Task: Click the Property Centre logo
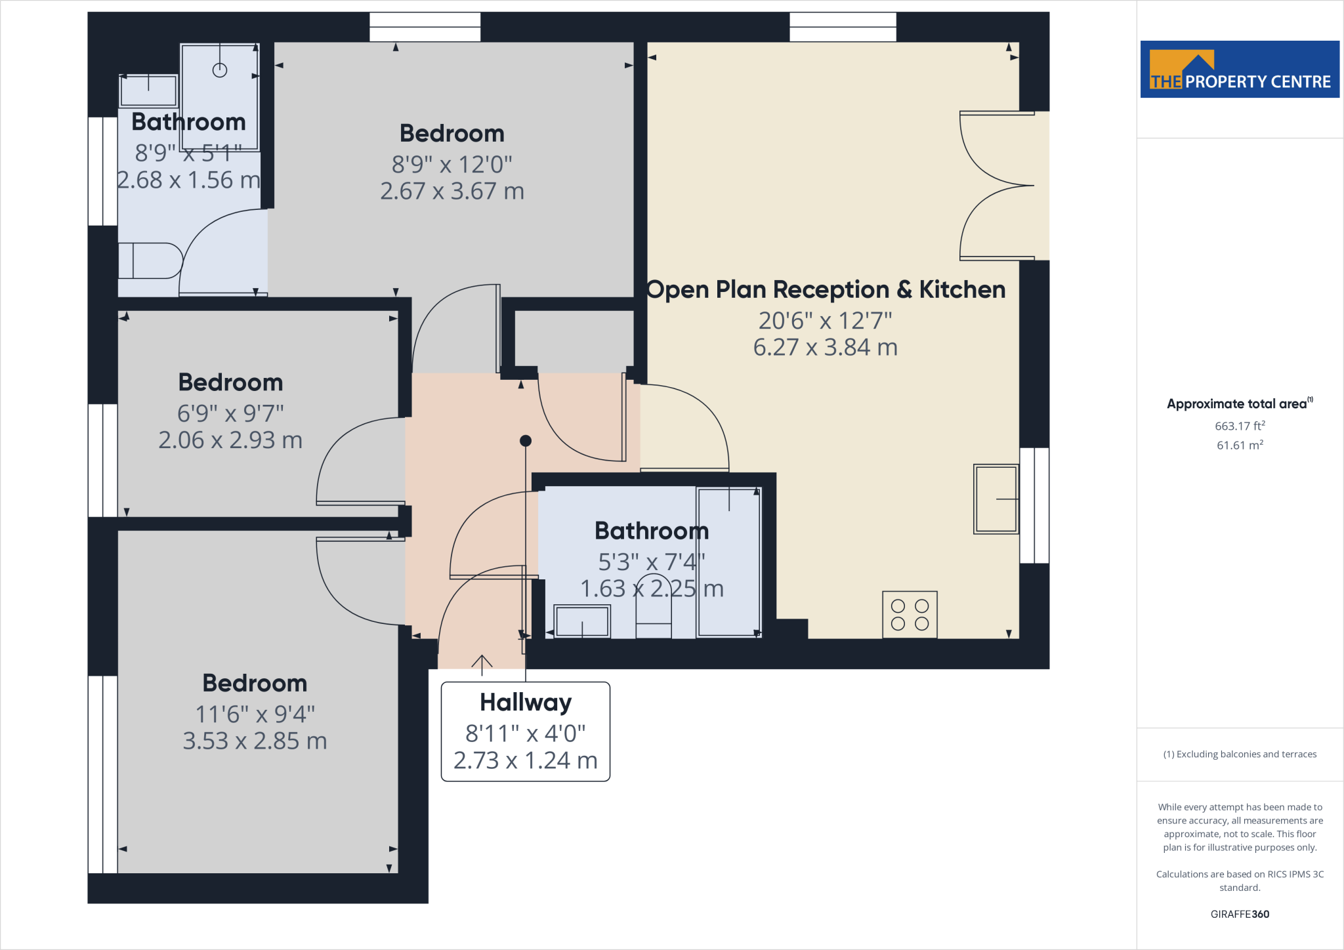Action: (x=1240, y=70)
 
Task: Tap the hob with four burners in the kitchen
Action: (x=910, y=615)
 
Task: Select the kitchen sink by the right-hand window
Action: (x=996, y=499)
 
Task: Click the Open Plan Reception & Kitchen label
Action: (x=826, y=289)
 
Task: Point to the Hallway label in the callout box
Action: (x=526, y=702)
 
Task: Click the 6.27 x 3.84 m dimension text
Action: (x=826, y=347)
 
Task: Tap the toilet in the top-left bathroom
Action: (x=150, y=260)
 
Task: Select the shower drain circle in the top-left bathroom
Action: (x=220, y=70)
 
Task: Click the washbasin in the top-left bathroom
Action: (x=148, y=91)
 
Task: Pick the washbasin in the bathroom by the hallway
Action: (x=582, y=621)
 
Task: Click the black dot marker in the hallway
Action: (x=526, y=441)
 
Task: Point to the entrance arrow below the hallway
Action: (x=482, y=665)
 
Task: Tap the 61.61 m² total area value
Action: (x=1240, y=445)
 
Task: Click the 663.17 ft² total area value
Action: (x=1240, y=426)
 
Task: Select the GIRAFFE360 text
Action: (x=1240, y=914)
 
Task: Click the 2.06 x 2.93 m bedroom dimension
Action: (x=230, y=440)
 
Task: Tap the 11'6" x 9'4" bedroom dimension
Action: (x=255, y=714)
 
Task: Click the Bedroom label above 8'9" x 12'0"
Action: (x=452, y=133)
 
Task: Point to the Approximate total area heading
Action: (x=1240, y=403)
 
